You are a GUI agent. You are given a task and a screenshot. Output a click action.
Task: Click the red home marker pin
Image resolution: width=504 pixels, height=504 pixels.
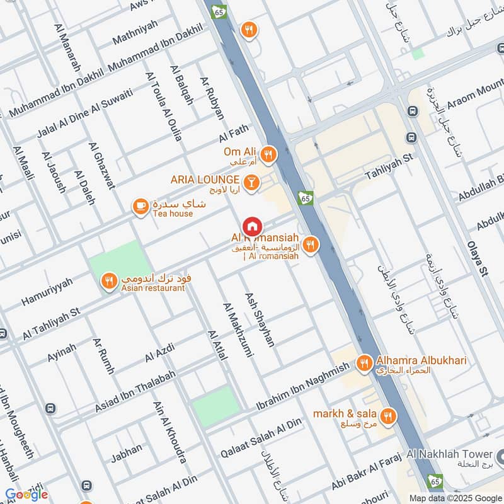coord(251,226)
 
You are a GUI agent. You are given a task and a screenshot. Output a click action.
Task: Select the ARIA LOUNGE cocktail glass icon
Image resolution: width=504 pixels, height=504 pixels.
coord(251,181)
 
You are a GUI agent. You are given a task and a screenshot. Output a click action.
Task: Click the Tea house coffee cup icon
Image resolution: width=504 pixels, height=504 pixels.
coord(140,206)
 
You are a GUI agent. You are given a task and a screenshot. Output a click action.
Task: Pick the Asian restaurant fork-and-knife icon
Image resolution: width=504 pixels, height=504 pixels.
coord(109,281)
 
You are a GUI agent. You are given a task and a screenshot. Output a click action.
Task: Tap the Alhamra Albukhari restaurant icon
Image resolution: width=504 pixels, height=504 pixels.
coord(364,363)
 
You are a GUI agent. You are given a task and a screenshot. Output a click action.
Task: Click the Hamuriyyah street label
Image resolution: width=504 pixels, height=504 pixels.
coord(47,291)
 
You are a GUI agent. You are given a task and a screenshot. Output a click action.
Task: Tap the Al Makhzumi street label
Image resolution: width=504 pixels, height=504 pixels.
coord(237,330)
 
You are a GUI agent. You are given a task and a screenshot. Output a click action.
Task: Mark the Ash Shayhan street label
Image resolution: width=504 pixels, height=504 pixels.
coord(260,319)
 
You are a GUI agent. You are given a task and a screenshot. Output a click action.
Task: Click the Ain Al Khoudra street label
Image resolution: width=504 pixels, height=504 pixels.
coord(169,432)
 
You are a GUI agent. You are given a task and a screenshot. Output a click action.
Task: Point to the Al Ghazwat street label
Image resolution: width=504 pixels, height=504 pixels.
coord(102,166)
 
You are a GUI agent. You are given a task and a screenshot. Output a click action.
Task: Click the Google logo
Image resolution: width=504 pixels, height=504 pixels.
coord(26,495)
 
